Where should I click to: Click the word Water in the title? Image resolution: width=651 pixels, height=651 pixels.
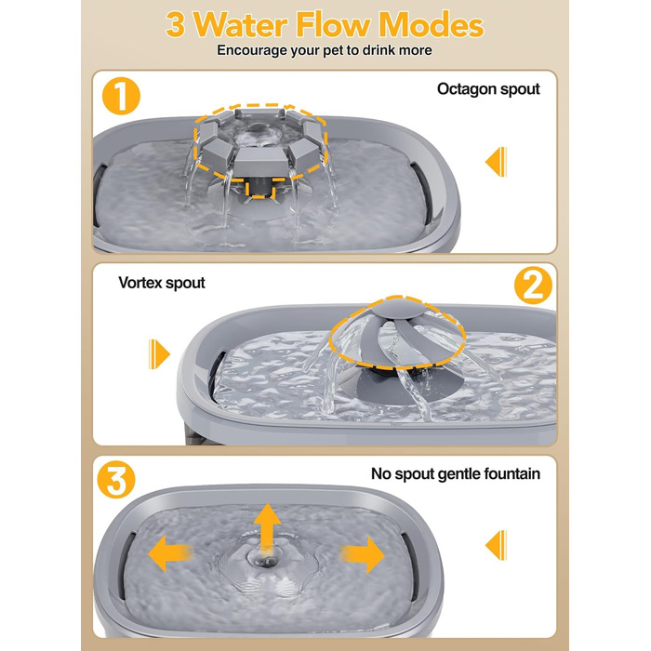click(x=240, y=25)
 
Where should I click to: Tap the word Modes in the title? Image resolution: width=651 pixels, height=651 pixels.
click(x=431, y=25)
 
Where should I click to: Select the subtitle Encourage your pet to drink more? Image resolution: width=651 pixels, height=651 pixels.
click(x=325, y=50)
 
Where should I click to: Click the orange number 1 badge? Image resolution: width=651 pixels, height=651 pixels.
click(x=121, y=96)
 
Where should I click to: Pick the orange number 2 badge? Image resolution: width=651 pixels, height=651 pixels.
click(x=533, y=286)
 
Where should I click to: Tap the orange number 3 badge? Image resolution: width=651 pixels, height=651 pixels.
click(x=116, y=480)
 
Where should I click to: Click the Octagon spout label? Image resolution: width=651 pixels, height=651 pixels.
click(x=488, y=89)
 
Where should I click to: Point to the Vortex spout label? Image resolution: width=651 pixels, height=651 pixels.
click(x=162, y=283)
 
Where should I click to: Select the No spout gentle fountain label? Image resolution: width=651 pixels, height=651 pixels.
click(x=456, y=473)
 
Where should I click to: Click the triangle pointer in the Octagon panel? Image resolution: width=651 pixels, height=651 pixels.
click(x=496, y=162)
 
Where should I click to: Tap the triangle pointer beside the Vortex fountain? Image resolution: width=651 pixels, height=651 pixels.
click(x=159, y=354)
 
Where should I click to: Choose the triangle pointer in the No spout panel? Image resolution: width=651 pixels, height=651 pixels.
click(x=496, y=545)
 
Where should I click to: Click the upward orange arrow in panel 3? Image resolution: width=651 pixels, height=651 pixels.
click(x=267, y=529)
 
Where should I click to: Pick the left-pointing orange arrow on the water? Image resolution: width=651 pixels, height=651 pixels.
click(x=169, y=553)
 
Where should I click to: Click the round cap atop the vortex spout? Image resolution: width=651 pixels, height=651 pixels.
click(x=396, y=309)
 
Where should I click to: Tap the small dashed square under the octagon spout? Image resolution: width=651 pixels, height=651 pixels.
click(x=259, y=190)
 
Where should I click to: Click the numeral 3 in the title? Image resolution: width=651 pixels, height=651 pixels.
click(x=175, y=25)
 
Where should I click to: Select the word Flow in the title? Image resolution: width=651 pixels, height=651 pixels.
click(x=333, y=25)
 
